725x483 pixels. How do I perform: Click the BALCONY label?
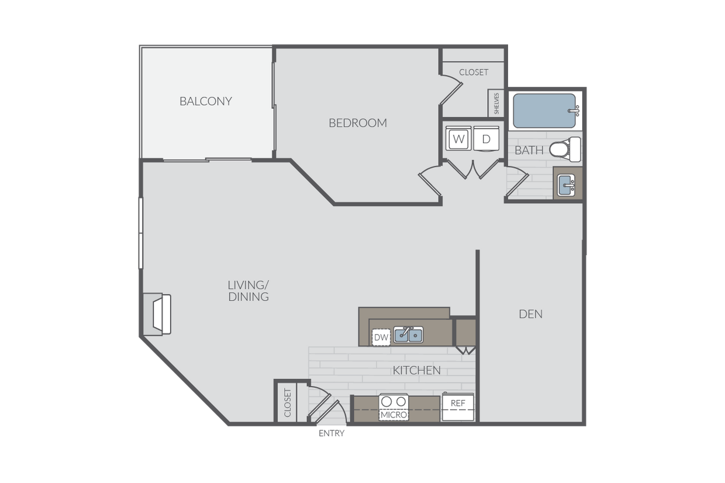tap(206, 102)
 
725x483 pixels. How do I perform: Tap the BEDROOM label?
tap(358, 123)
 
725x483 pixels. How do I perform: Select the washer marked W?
tap(458, 138)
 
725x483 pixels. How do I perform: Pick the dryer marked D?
tap(486, 138)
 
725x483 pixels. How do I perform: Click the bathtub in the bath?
tap(546, 110)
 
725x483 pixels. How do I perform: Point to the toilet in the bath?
tap(565, 150)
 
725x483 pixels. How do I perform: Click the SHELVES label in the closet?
tap(496, 103)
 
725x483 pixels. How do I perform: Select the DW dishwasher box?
tap(381, 338)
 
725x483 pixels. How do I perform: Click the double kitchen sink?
tap(409, 335)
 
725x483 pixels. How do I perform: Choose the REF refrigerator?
tap(458, 406)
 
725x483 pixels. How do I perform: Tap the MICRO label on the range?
tap(393, 415)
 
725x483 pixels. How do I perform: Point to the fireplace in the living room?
tap(157, 314)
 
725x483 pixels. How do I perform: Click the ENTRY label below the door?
tap(332, 433)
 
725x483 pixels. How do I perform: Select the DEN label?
tap(531, 314)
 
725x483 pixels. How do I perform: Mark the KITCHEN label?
tap(416, 370)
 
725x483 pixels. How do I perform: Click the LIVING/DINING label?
tap(248, 291)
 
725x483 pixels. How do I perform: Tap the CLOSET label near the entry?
tap(288, 403)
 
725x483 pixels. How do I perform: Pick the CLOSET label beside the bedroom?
tap(474, 72)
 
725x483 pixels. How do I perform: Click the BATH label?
tap(529, 150)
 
